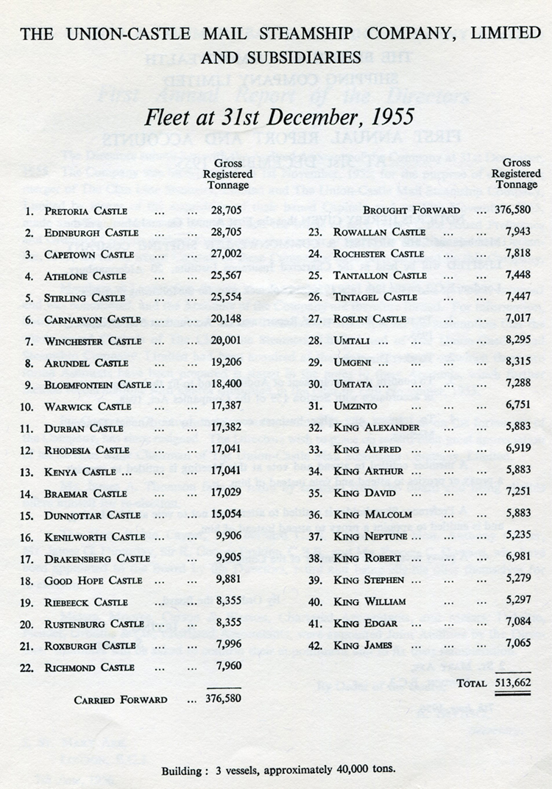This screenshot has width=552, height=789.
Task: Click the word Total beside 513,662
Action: [471, 683]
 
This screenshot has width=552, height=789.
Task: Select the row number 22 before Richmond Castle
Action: [29, 667]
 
